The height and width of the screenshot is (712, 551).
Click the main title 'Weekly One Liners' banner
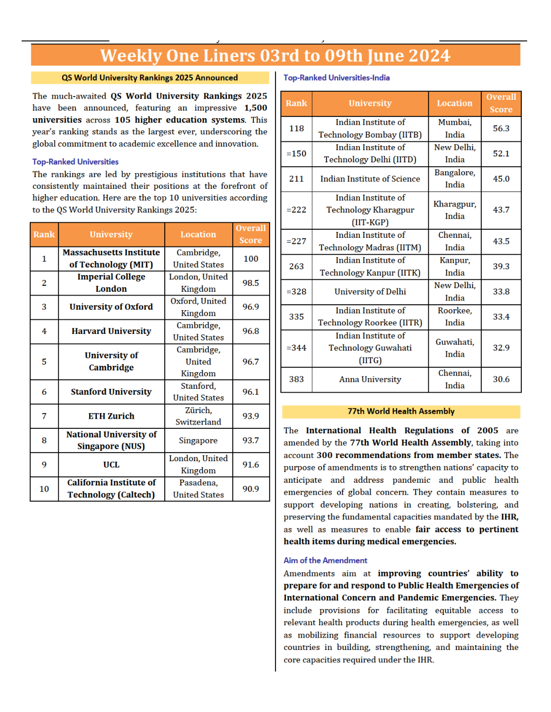(x=275, y=56)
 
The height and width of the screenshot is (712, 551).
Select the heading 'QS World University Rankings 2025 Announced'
(x=150, y=78)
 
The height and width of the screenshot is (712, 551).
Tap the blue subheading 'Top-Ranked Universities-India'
(x=337, y=78)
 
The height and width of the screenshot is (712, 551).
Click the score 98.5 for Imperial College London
(x=251, y=283)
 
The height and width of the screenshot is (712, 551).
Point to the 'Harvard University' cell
(x=111, y=331)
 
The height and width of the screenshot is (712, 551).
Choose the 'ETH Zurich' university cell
(x=111, y=416)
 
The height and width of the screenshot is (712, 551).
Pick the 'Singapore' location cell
(x=198, y=440)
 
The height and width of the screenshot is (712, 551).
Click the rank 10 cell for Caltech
(x=44, y=489)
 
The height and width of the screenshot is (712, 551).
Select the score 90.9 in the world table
(x=251, y=489)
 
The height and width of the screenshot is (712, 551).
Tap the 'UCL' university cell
(x=111, y=464)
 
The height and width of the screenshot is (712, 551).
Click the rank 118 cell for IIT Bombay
(x=297, y=128)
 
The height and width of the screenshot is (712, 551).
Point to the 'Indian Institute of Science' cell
(x=370, y=179)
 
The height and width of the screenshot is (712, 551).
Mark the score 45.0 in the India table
(x=501, y=179)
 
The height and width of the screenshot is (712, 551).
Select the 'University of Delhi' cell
(x=370, y=291)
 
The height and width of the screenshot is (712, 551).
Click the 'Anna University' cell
(x=370, y=379)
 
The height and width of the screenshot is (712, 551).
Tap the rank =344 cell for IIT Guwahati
(x=297, y=348)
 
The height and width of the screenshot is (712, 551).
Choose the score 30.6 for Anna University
(x=501, y=379)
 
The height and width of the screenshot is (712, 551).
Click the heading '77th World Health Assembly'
(x=401, y=411)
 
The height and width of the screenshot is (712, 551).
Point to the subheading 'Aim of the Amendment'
(x=325, y=560)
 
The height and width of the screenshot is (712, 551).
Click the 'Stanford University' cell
(x=111, y=392)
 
